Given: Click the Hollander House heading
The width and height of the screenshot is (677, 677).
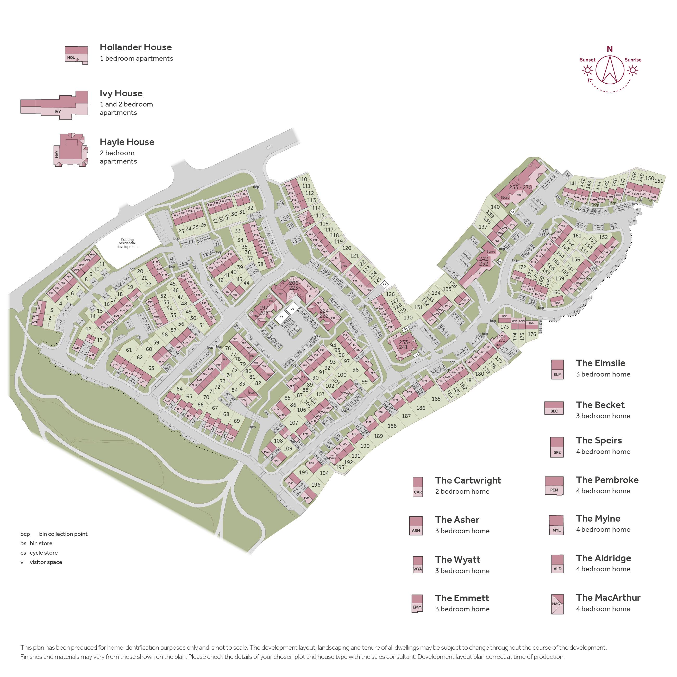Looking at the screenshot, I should (x=136, y=47).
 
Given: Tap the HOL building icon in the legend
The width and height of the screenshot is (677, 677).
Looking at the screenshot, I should (x=76, y=55).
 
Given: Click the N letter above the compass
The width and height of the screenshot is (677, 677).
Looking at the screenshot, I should (x=610, y=49).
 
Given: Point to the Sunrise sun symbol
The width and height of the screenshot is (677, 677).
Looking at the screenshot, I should (x=632, y=70).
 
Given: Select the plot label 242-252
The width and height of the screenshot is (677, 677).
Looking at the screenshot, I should (x=484, y=261).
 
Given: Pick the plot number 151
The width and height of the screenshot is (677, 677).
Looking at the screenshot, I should (x=659, y=181).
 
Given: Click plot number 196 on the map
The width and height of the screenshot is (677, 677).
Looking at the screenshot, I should (x=316, y=485).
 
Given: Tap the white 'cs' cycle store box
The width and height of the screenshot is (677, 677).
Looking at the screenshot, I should (x=281, y=317).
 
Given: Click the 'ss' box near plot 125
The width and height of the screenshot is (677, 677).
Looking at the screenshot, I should (x=384, y=284).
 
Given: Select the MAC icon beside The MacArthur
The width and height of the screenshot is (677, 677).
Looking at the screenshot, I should (x=557, y=604).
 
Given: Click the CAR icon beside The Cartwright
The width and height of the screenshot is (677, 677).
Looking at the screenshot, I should (x=418, y=487).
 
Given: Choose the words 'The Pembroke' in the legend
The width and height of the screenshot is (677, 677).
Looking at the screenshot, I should (x=607, y=480).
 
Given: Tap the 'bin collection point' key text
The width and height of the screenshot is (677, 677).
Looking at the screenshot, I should (x=63, y=534).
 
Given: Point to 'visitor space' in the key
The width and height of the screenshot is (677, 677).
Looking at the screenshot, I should (x=46, y=562).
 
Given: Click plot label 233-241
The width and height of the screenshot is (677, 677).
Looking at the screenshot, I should (x=404, y=344).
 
